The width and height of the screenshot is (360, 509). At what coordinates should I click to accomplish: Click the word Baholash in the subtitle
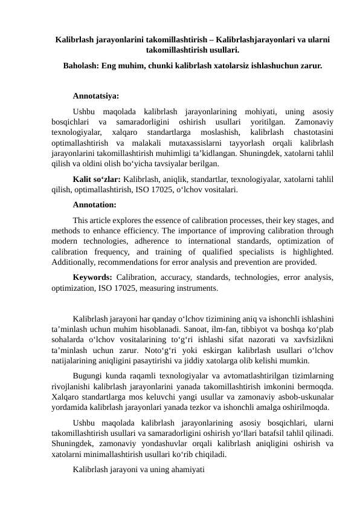click(x=82, y=63)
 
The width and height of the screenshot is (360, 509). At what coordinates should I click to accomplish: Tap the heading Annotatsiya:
click(x=95, y=96)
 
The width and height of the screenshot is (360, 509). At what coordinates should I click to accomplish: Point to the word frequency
click(x=116, y=251)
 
